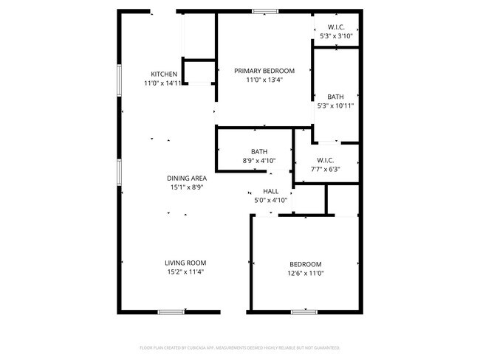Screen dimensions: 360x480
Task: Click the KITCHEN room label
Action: point(164,74)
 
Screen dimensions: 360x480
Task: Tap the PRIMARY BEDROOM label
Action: point(264,71)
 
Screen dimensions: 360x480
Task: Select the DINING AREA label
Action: point(186,178)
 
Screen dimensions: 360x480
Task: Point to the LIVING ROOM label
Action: point(185,263)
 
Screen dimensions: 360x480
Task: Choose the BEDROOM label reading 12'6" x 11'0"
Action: point(305,264)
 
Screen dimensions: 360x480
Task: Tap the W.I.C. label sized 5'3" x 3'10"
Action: point(336,27)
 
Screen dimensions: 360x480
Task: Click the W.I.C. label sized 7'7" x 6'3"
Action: point(326,159)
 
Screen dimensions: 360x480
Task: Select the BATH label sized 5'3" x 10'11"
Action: point(335,97)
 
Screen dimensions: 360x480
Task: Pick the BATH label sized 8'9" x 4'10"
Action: point(258,152)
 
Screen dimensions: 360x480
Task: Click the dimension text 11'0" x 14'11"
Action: point(163,83)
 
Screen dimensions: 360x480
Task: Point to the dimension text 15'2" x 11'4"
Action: point(185,272)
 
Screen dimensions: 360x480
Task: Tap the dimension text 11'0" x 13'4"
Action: point(264,80)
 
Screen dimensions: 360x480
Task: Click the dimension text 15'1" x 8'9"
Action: point(186,187)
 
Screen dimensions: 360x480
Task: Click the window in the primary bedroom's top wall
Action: point(264,11)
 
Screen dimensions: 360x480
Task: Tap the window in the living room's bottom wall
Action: point(171,312)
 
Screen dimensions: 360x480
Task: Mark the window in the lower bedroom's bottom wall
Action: point(304,312)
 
